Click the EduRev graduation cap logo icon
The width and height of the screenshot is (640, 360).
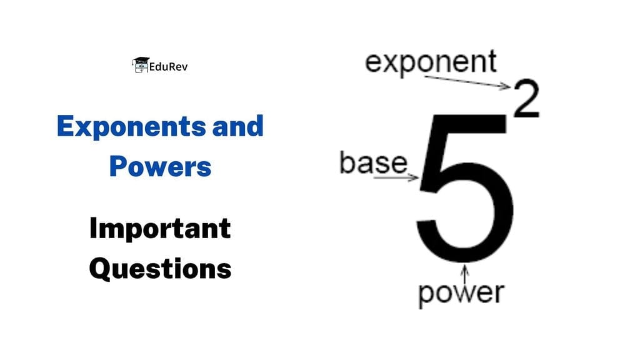[x=140, y=64]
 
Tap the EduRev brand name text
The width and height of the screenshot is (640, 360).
[x=168, y=66]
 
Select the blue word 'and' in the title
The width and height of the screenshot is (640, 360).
[x=237, y=127]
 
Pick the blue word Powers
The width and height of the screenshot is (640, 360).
[x=159, y=166]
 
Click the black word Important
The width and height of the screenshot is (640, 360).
[x=159, y=229]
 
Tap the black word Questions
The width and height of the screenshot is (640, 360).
[x=159, y=269]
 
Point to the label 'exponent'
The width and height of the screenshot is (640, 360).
[x=431, y=62]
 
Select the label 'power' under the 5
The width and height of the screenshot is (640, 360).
[x=461, y=292]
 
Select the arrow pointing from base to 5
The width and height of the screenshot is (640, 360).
[x=396, y=178]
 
